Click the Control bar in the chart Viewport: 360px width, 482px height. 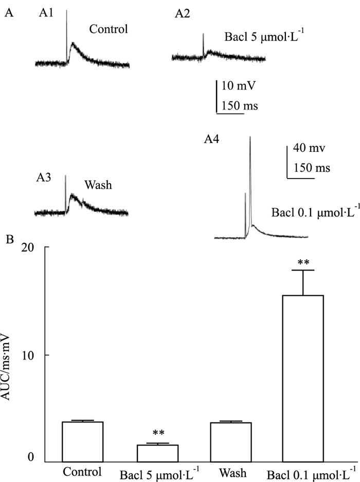82,441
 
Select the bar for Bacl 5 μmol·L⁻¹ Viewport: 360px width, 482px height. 157,453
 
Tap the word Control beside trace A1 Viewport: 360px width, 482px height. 108,29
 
